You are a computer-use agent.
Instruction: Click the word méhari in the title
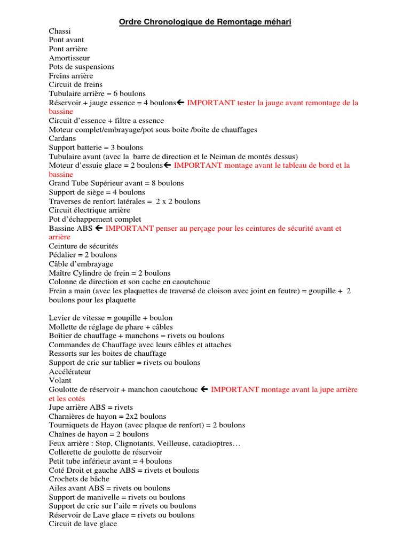[x=273, y=22]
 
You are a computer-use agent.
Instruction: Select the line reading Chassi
[x=60, y=32]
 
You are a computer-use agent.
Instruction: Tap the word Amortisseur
[x=69, y=58]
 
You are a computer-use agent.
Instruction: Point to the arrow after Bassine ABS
[x=98, y=229]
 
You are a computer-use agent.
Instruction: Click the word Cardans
[x=63, y=139]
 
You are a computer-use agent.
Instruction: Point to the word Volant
[x=60, y=381]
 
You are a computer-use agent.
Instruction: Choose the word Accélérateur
[x=70, y=372]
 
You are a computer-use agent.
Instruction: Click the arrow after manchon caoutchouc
[x=204, y=390]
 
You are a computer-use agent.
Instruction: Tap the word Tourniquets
[x=67, y=426]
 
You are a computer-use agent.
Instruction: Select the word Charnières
[x=67, y=417]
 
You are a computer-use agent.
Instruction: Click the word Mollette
[x=64, y=327]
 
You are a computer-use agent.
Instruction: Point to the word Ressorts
[x=63, y=354]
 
